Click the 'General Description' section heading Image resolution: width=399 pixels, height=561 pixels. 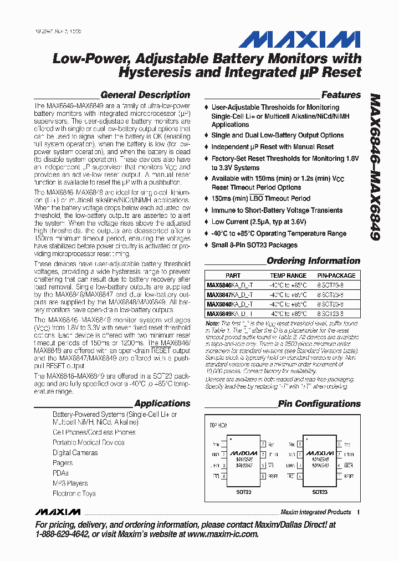click(145, 95)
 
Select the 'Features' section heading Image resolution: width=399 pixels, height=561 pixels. click(341, 95)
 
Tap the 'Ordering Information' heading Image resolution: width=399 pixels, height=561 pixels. click(313, 261)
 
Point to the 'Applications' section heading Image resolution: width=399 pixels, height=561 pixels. click(162, 404)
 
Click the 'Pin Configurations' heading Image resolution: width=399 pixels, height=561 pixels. click(319, 404)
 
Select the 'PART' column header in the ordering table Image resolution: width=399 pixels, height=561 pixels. click(233, 276)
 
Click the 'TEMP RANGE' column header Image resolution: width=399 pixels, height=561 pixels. click(288, 276)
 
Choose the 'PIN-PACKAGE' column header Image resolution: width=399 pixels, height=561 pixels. click(336, 276)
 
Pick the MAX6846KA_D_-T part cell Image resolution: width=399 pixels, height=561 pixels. click(229, 285)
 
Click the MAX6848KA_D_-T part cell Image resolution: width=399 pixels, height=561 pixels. click(229, 304)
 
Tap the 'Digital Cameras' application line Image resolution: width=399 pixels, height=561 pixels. click(75, 452)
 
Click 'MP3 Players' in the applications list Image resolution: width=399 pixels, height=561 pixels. click(70, 483)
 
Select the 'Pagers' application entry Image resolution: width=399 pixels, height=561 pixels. click(63, 462)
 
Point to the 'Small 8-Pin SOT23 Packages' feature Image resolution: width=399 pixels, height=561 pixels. click(254, 245)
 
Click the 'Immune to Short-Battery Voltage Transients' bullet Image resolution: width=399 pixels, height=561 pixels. click(277, 210)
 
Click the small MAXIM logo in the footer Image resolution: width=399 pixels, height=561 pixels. click(56, 512)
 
